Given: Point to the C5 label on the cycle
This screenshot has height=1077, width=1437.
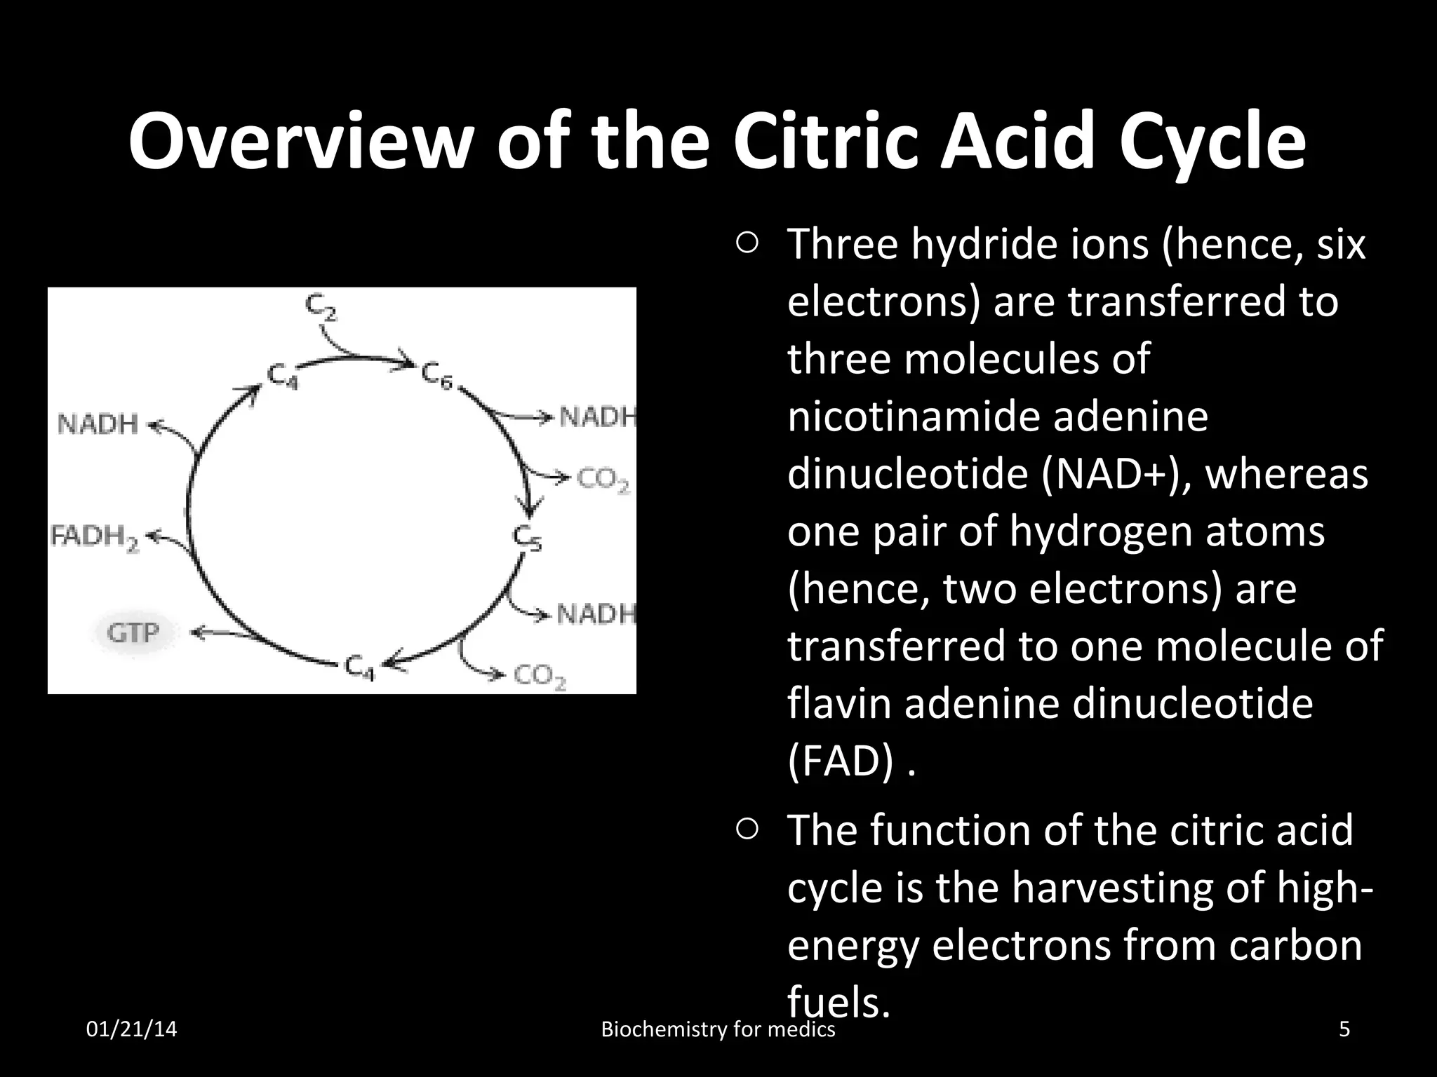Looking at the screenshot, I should point(526,538).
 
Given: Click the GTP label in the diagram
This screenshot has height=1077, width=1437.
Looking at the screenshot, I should point(133,633).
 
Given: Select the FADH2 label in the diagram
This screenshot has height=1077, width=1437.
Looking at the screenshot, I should point(95,538).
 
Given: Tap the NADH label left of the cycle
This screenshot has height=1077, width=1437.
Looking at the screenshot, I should point(98,424).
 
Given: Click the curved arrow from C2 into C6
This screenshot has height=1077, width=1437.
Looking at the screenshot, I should point(365,351).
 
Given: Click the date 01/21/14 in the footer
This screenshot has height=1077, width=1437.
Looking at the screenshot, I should point(131,1029).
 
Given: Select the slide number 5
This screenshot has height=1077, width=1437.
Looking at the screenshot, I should point(1344,1029).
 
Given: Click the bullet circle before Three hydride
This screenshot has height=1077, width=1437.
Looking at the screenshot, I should point(747,244).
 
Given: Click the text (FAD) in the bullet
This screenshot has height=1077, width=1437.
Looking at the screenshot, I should point(841,761).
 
